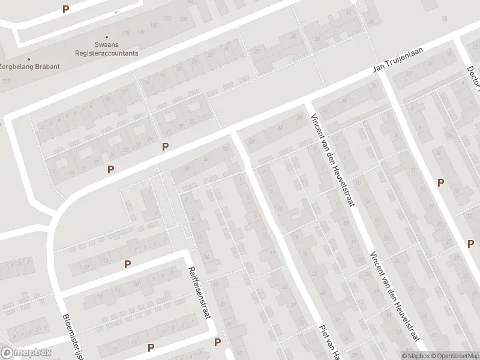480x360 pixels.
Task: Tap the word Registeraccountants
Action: point(106,53)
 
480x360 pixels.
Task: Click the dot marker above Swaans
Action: point(106,37)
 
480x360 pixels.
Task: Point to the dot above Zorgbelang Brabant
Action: point(28,59)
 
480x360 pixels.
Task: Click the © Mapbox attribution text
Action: point(415,356)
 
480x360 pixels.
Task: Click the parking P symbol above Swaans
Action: point(65,9)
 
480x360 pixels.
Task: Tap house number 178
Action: point(125,33)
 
